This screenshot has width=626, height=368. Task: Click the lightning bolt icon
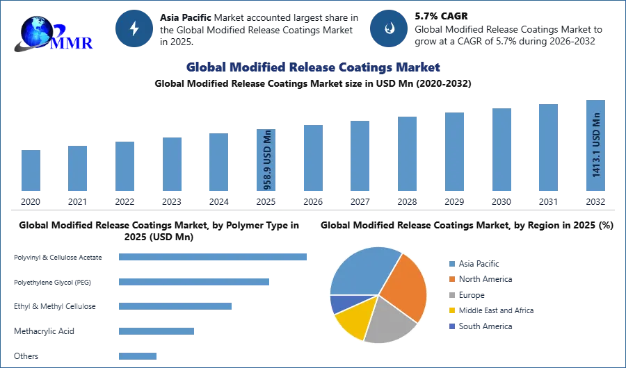[134, 28]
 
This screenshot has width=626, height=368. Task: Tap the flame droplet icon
[390, 28]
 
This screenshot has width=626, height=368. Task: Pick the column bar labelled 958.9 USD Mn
[267, 161]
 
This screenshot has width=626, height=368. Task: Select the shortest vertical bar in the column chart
[31, 172]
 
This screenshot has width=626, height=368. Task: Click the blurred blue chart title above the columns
[313, 67]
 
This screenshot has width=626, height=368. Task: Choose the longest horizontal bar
[214, 256]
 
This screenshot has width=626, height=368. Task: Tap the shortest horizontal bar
[138, 356]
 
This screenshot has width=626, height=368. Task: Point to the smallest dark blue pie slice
[339, 303]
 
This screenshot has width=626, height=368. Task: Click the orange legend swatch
[451, 279]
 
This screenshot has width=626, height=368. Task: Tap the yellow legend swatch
[451, 311]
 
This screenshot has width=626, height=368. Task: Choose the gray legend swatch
[451, 295]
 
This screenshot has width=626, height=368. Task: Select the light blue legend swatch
[451, 263]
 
